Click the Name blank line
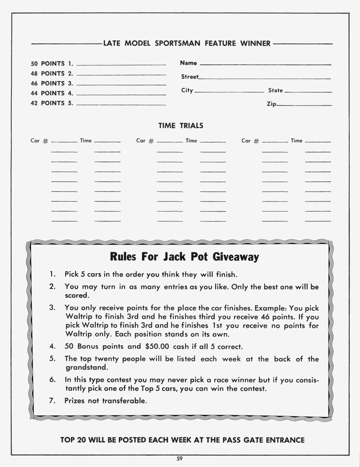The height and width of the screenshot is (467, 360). pyautogui.click(x=265, y=64)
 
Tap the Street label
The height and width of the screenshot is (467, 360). pyautogui.click(x=190, y=77)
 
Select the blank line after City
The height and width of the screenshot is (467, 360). pyautogui.click(x=229, y=92)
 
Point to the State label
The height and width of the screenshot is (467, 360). pyautogui.click(x=275, y=90)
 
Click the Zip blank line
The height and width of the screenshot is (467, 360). pyautogui.click(x=304, y=105)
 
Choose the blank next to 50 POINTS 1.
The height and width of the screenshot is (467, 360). pyautogui.click(x=121, y=65)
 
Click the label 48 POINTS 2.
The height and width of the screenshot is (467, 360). pyautogui.click(x=52, y=74)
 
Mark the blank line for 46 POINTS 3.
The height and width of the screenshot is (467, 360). pyautogui.click(x=121, y=85)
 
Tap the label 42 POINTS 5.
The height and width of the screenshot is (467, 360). pyautogui.click(x=52, y=103)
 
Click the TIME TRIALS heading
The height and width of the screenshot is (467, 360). pyautogui.click(x=181, y=126)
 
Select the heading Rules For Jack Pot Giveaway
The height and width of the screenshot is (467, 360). pyautogui.click(x=184, y=257)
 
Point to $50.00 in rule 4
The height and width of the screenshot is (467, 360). pyautogui.click(x=157, y=346)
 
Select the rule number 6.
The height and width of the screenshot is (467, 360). pyautogui.click(x=52, y=380)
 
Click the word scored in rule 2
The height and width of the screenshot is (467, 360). pyautogui.click(x=76, y=295)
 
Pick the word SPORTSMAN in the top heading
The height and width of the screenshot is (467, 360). pyautogui.click(x=177, y=44)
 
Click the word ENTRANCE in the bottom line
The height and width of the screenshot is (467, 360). pyautogui.click(x=285, y=440)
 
